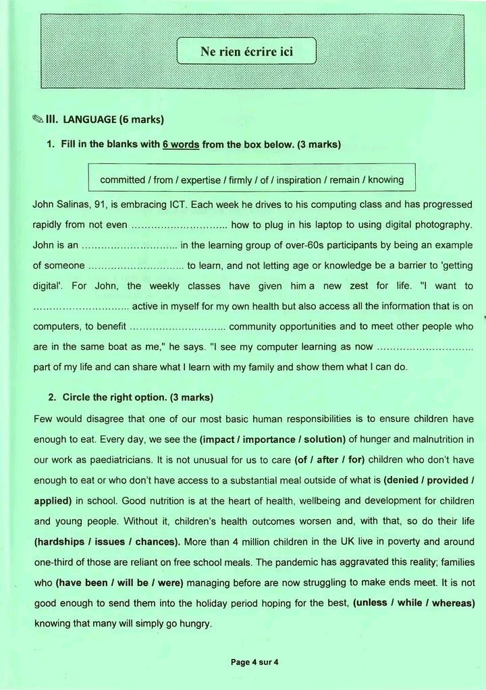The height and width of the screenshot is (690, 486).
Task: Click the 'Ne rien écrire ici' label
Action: click(246, 51)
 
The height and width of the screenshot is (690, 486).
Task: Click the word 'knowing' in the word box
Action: click(385, 180)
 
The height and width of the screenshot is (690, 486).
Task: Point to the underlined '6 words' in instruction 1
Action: click(181, 144)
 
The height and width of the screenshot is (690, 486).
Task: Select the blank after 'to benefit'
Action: click(178, 327)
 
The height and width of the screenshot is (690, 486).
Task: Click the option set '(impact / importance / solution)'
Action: click(273, 440)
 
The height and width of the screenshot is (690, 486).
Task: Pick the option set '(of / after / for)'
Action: click(329, 460)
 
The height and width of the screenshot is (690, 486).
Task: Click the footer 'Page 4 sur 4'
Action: click(254, 662)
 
